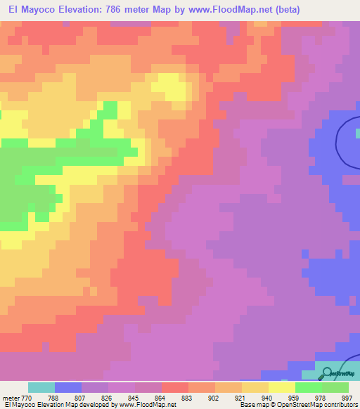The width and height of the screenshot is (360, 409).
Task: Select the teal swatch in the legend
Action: (41, 387)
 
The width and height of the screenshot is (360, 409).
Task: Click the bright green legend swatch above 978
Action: (309, 387)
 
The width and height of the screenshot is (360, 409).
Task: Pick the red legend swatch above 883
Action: (175, 387)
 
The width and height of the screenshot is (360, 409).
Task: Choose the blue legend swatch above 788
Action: (68, 387)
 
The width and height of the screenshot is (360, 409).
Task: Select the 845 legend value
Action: (134, 398)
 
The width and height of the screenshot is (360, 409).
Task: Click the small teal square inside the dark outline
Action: (357, 132)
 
